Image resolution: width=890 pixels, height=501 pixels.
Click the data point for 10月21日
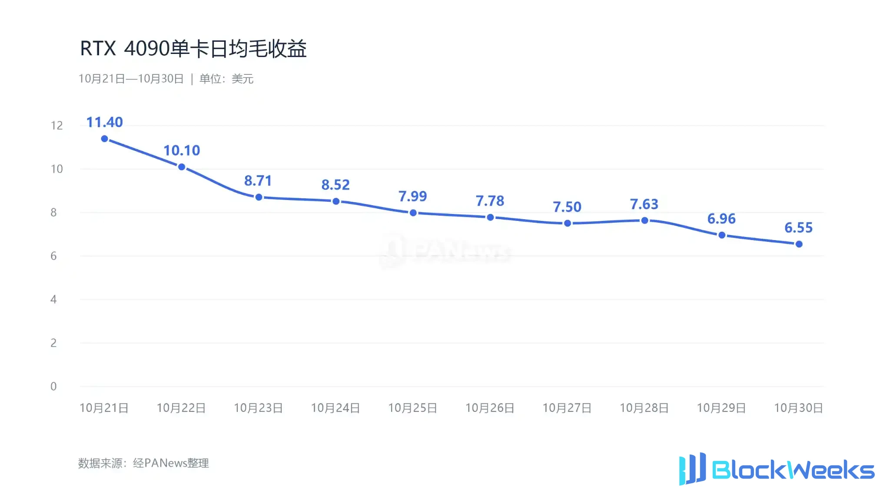pyautogui.click(x=104, y=139)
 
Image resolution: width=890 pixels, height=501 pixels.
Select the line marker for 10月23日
pyautogui.click(x=259, y=197)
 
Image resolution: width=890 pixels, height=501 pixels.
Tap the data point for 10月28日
pyautogui.click(x=645, y=220)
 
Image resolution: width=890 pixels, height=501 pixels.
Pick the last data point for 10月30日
pyautogui.click(x=799, y=244)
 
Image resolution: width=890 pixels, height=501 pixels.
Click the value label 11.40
pyautogui.click(x=104, y=122)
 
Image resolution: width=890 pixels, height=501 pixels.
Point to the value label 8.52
pyautogui.click(x=335, y=185)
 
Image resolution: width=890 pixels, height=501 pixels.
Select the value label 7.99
pyautogui.click(x=413, y=196)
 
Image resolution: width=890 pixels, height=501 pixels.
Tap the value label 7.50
pyautogui.click(x=567, y=207)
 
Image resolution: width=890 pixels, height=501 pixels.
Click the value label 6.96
pyautogui.click(x=721, y=218)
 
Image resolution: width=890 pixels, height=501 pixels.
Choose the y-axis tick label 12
pyautogui.click(x=57, y=126)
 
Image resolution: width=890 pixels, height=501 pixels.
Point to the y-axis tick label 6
pyautogui.click(x=53, y=256)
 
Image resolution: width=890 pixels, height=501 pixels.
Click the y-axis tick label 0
pyautogui.click(x=53, y=386)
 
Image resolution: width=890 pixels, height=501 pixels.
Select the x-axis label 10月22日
pyautogui.click(x=181, y=408)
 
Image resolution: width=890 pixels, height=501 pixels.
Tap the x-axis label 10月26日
pyautogui.click(x=490, y=408)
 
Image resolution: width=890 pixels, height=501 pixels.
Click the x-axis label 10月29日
pyautogui.click(x=721, y=408)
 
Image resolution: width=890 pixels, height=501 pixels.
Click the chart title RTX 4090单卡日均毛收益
pyautogui.click(x=193, y=48)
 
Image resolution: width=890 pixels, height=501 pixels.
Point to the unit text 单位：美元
pyautogui.click(x=226, y=79)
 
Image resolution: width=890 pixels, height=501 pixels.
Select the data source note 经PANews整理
pyautogui.click(x=171, y=463)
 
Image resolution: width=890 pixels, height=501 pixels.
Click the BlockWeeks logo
pyautogui.click(x=777, y=469)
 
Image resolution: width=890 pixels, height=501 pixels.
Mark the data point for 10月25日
pyautogui.click(x=413, y=213)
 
